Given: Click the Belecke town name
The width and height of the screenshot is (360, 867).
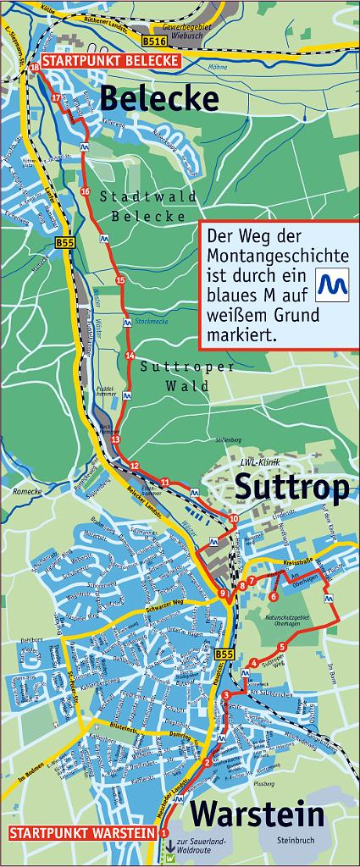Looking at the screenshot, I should click(x=159, y=98).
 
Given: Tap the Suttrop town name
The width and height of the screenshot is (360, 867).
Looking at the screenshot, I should click(x=291, y=488).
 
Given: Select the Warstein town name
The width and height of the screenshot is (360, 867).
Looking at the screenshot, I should click(x=257, y=815).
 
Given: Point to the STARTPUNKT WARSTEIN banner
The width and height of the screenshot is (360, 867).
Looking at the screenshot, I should click(x=82, y=834).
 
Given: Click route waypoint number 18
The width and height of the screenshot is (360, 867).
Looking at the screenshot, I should click(x=34, y=67).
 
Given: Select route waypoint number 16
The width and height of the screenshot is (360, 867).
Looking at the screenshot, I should click(x=85, y=193).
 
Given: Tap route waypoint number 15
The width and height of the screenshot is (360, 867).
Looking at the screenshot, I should click(x=120, y=280).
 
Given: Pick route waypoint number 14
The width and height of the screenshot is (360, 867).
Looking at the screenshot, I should click(x=130, y=355).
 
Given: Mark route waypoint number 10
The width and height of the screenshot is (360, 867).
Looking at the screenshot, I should click(x=234, y=519).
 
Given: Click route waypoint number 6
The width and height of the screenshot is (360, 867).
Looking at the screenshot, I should click(x=273, y=597).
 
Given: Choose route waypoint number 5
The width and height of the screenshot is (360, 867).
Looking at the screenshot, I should click(x=281, y=647).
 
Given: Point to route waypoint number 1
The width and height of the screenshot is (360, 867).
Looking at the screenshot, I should click(x=163, y=835).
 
